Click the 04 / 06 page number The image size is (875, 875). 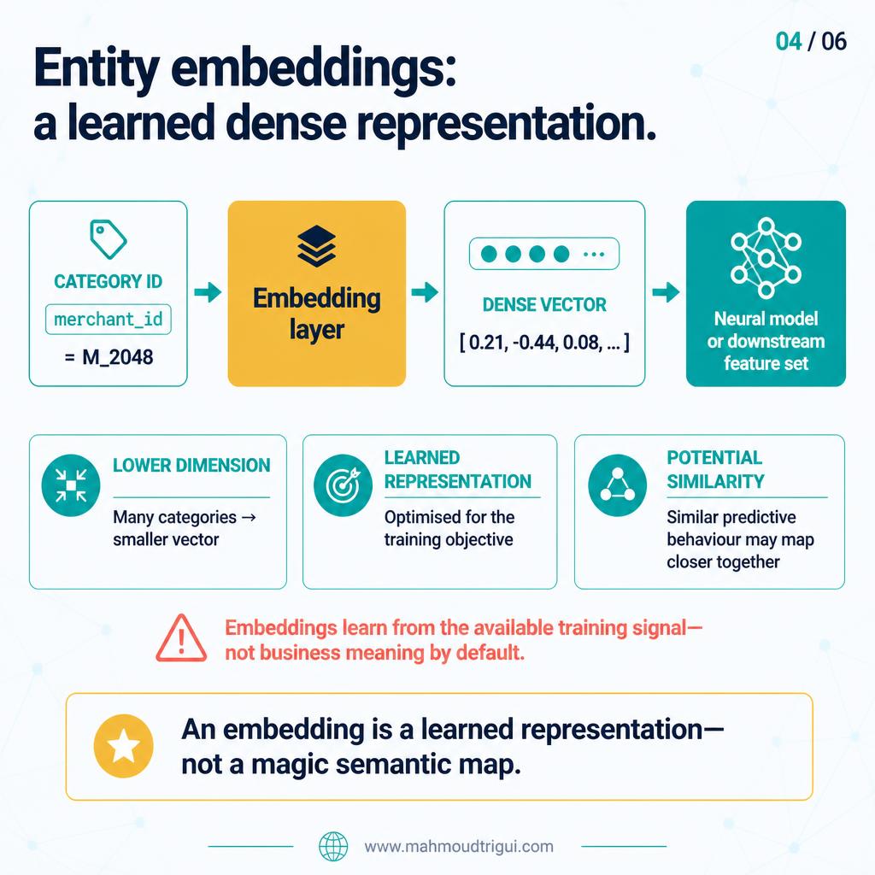click(811, 41)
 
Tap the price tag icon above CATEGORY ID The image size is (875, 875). click(109, 239)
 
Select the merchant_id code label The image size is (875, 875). click(109, 320)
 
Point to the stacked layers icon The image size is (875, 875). click(316, 246)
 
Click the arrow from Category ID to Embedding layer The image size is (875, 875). click(208, 292)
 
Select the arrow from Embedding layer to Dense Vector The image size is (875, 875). click(425, 292)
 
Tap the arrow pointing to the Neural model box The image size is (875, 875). click(666, 292)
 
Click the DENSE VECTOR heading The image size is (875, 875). click(544, 305)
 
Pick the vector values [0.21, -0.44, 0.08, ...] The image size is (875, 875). click(544, 342)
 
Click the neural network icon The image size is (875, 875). click(766, 258)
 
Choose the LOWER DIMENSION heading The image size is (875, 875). click(191, 466)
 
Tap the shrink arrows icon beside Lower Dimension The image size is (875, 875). click(71, 485)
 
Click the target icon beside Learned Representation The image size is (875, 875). click(343, 485)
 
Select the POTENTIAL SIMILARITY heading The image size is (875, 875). click(715, 469)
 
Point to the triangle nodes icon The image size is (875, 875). click(617, 485)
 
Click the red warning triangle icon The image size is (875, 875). click(181, 638)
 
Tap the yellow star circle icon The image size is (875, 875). click(123, 746)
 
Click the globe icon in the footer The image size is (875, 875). click(333, 847)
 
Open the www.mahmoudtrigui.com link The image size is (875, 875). click(459, 847)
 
